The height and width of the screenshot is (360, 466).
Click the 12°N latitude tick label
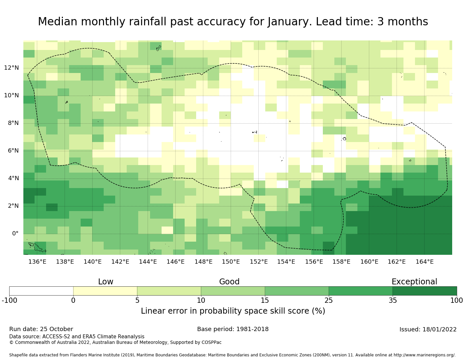tap(11, 68)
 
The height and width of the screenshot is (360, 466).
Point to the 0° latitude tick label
tap(15, 234)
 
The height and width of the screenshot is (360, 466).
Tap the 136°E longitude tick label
tap(37, 262)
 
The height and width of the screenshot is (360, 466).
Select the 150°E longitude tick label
tap(231, 262)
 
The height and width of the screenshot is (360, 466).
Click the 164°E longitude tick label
tap(425, 262)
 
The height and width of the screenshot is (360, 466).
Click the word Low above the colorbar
tap(106, 282)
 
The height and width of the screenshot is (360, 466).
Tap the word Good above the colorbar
tap(229, 282)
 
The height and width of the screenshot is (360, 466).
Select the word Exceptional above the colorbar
tap(414, 282)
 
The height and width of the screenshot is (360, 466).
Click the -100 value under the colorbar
tap(9, 300)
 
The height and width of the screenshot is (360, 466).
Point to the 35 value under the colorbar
tap(393, 300)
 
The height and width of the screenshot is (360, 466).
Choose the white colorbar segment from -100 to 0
tap(41, 291)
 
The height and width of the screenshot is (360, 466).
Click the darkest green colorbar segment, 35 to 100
tap(425, 291)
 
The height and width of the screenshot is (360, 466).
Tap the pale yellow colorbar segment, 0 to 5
tap(105, 291)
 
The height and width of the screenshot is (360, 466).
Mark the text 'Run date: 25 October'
tap(41, 329)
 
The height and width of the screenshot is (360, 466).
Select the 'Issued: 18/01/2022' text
tap(428, 330)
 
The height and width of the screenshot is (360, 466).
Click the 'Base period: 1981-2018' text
tap(233, 329)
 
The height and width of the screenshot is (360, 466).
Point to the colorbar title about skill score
tap(233, 311)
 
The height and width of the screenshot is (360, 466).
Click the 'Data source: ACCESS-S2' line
tap(77, 337)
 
